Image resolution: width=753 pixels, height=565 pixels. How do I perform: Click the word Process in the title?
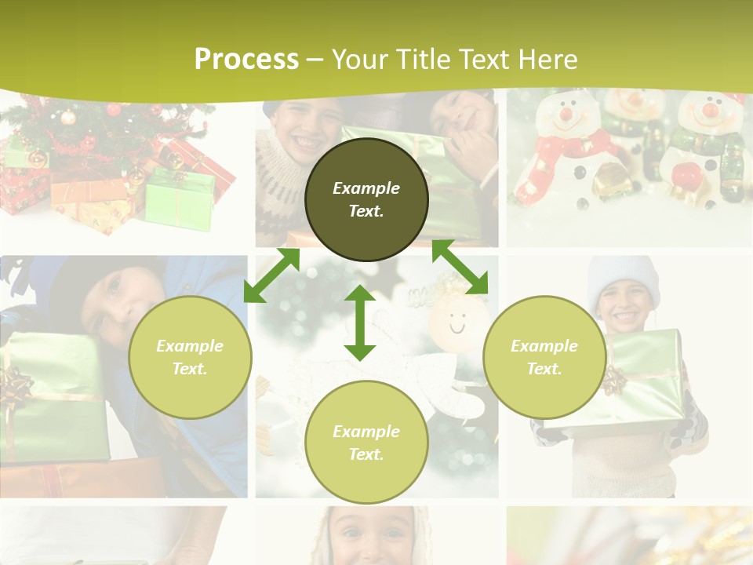point(246,60)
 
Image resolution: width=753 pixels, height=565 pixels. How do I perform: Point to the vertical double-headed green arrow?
point(360,323)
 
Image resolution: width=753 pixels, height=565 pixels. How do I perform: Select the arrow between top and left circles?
point(271,275)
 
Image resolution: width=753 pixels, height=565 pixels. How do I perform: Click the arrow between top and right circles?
point(460,267)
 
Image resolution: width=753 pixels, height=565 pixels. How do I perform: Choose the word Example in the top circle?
point(366,188)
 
